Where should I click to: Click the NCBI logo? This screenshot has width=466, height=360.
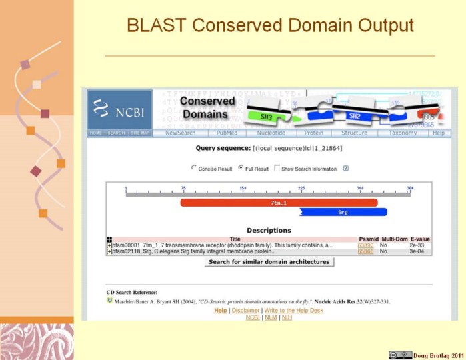pos(119,109)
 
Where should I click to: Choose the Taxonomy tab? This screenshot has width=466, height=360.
pos(402,133)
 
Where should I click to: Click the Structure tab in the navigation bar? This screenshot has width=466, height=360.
pos(354,133)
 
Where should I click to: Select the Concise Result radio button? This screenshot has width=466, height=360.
pos(194,169)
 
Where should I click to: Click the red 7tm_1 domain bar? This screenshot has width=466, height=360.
pos(279,202)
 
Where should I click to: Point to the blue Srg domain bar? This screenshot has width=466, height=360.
pos(343,212)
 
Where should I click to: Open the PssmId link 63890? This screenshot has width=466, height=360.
pos(365,245)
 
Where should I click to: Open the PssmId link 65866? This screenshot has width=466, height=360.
pos(365,251)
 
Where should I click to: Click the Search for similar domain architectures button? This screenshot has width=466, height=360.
pos(269,262)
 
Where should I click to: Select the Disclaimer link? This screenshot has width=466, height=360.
pos(245,311)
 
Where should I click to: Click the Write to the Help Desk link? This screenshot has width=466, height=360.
pos(294,311)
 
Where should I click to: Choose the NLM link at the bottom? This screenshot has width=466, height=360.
pos(269,317)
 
